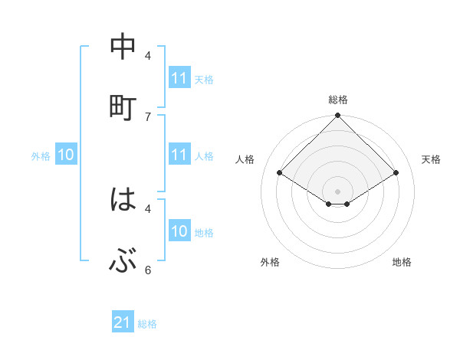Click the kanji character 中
pyautogui.click(x=123, y=47)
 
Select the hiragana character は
pyautogui.click(x=123, y=201)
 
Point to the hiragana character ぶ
pyautogui.click(x=123, y=262)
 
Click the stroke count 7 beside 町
pyautogui.click(x=148, y=116)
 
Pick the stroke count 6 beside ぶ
pyautogui.click(x=148, y=270)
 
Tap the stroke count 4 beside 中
pyautogui.click(x=148, y=55)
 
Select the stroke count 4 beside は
pyautogui.click(x=148, y=208)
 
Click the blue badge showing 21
pyautogui.click(x=123, y=323)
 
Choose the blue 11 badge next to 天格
pyautogui.click(x=179, y=78)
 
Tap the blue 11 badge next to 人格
pyautogui.click(x=179, y=155)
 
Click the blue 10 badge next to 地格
pyautogui.click(x=179, y=231)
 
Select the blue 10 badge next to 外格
pyautogui.click(x=66, y=155)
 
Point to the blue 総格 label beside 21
pyautogui.click(x=147, y=324)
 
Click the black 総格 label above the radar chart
pyautogui.click(x=338, y=100)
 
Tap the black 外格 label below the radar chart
pyautogui.click(x=270, y=262)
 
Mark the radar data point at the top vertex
pyautogui.click(x=338, y=116)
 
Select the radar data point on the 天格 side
pyautogui.click(x=396, y=173)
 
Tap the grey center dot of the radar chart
pyautogui.click(x=338, y=191)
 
